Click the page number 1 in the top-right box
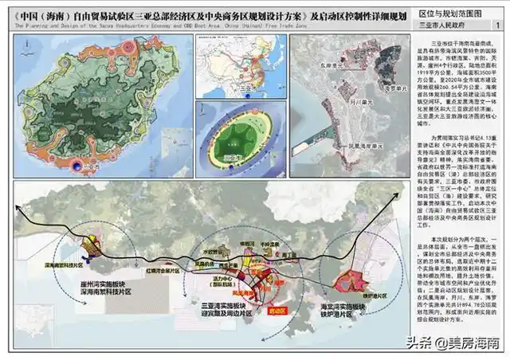497,25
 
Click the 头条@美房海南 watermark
462,343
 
